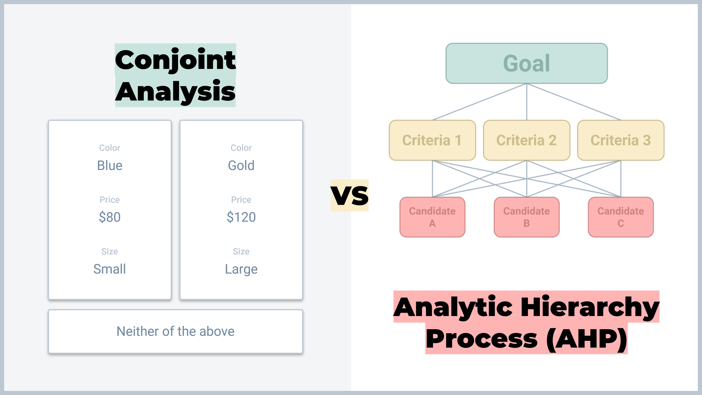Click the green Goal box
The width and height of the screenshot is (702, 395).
(x=526, y=63)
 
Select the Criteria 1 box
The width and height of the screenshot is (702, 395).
(x=432, y=140)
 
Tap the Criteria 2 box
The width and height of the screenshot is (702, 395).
(x=526, y=140)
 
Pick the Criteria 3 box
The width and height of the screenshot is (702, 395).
(x=621, y=140)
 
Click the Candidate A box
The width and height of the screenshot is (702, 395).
(x=432, y=217)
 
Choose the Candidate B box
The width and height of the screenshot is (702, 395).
(x=526, y=217)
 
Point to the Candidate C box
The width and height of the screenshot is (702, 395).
(x=621, y=217)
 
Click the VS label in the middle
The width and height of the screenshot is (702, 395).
(x=349, y=196)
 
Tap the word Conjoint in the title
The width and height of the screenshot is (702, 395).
(x=175, y=60)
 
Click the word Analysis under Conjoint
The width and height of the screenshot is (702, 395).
(x=175, y=91)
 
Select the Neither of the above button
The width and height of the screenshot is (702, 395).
(x=175, y=331)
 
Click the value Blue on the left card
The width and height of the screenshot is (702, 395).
(x=110, y=165)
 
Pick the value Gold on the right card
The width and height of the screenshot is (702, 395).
(x=241, y=165)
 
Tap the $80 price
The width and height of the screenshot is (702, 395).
(x=110, y=217)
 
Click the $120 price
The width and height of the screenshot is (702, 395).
(x=241, y=217)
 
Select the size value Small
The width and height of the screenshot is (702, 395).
(x=110, y=269)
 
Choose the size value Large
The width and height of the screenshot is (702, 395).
(x=241, y=269)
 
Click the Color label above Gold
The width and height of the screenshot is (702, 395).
(x=241, y=148)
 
